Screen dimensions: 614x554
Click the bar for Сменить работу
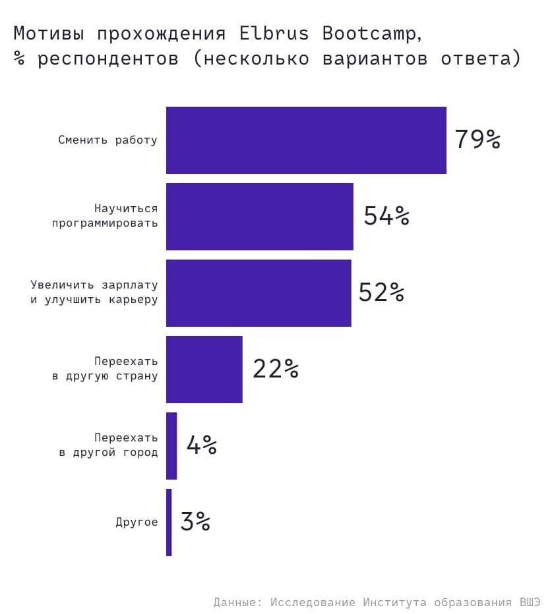(x=306, y=140)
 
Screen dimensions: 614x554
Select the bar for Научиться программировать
(x=259, y=217)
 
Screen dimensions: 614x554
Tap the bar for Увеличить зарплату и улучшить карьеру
(x=259, y=293)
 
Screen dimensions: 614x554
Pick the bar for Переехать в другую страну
(x=204, y=370)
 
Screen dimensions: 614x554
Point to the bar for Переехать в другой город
(x=171, y=446)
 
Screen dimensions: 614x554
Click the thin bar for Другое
(x=169, y=522)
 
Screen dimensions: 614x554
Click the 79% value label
(x=477, y=140)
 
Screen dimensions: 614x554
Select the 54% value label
(x=386, y=216)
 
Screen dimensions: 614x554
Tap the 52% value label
(x=381, y=293)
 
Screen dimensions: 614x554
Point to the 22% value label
(x=276, y=369)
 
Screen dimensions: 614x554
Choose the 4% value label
(x=202, y=445)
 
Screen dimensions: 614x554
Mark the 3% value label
(x=195, y=522)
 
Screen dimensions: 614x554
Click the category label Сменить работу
(x=108, y=140)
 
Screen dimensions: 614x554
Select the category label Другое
(x=137, y=522)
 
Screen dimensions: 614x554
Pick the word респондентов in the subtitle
(x=108, y=58)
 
